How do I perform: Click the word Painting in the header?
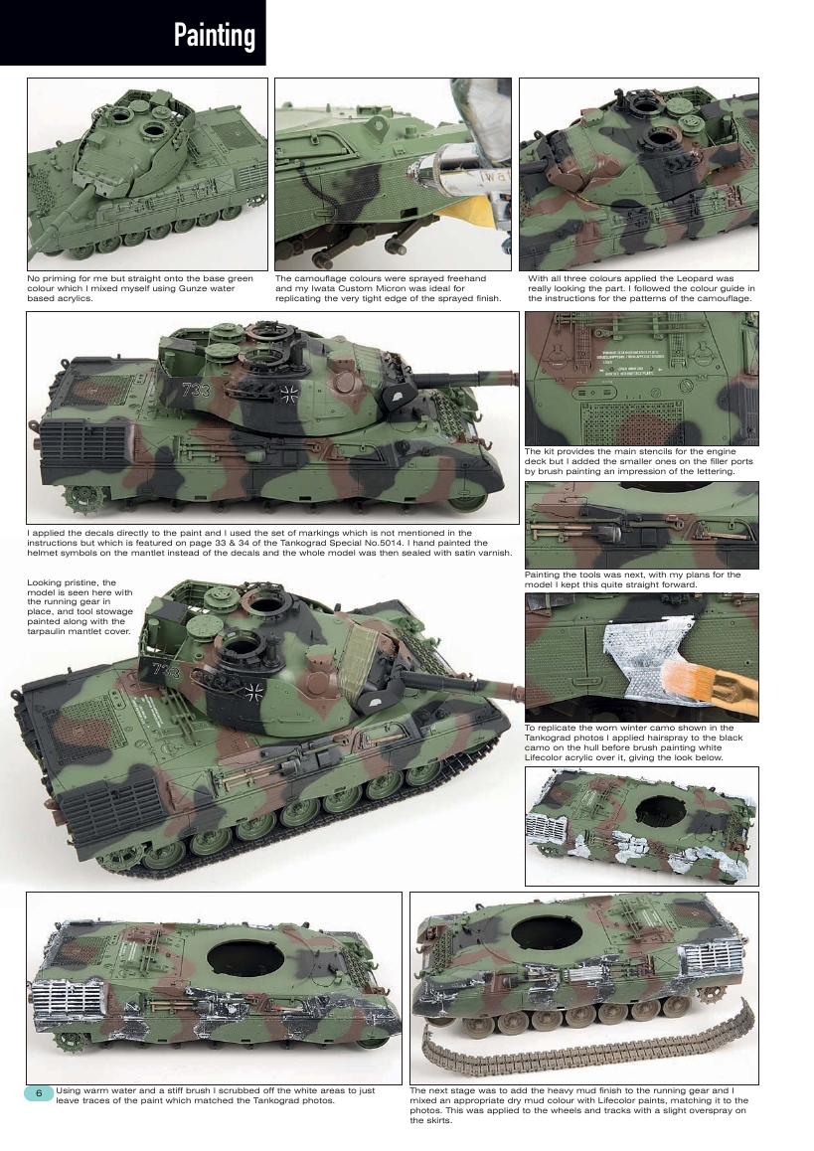(214, 37)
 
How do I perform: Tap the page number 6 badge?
(39, 1092)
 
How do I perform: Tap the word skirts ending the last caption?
(423, 1120)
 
